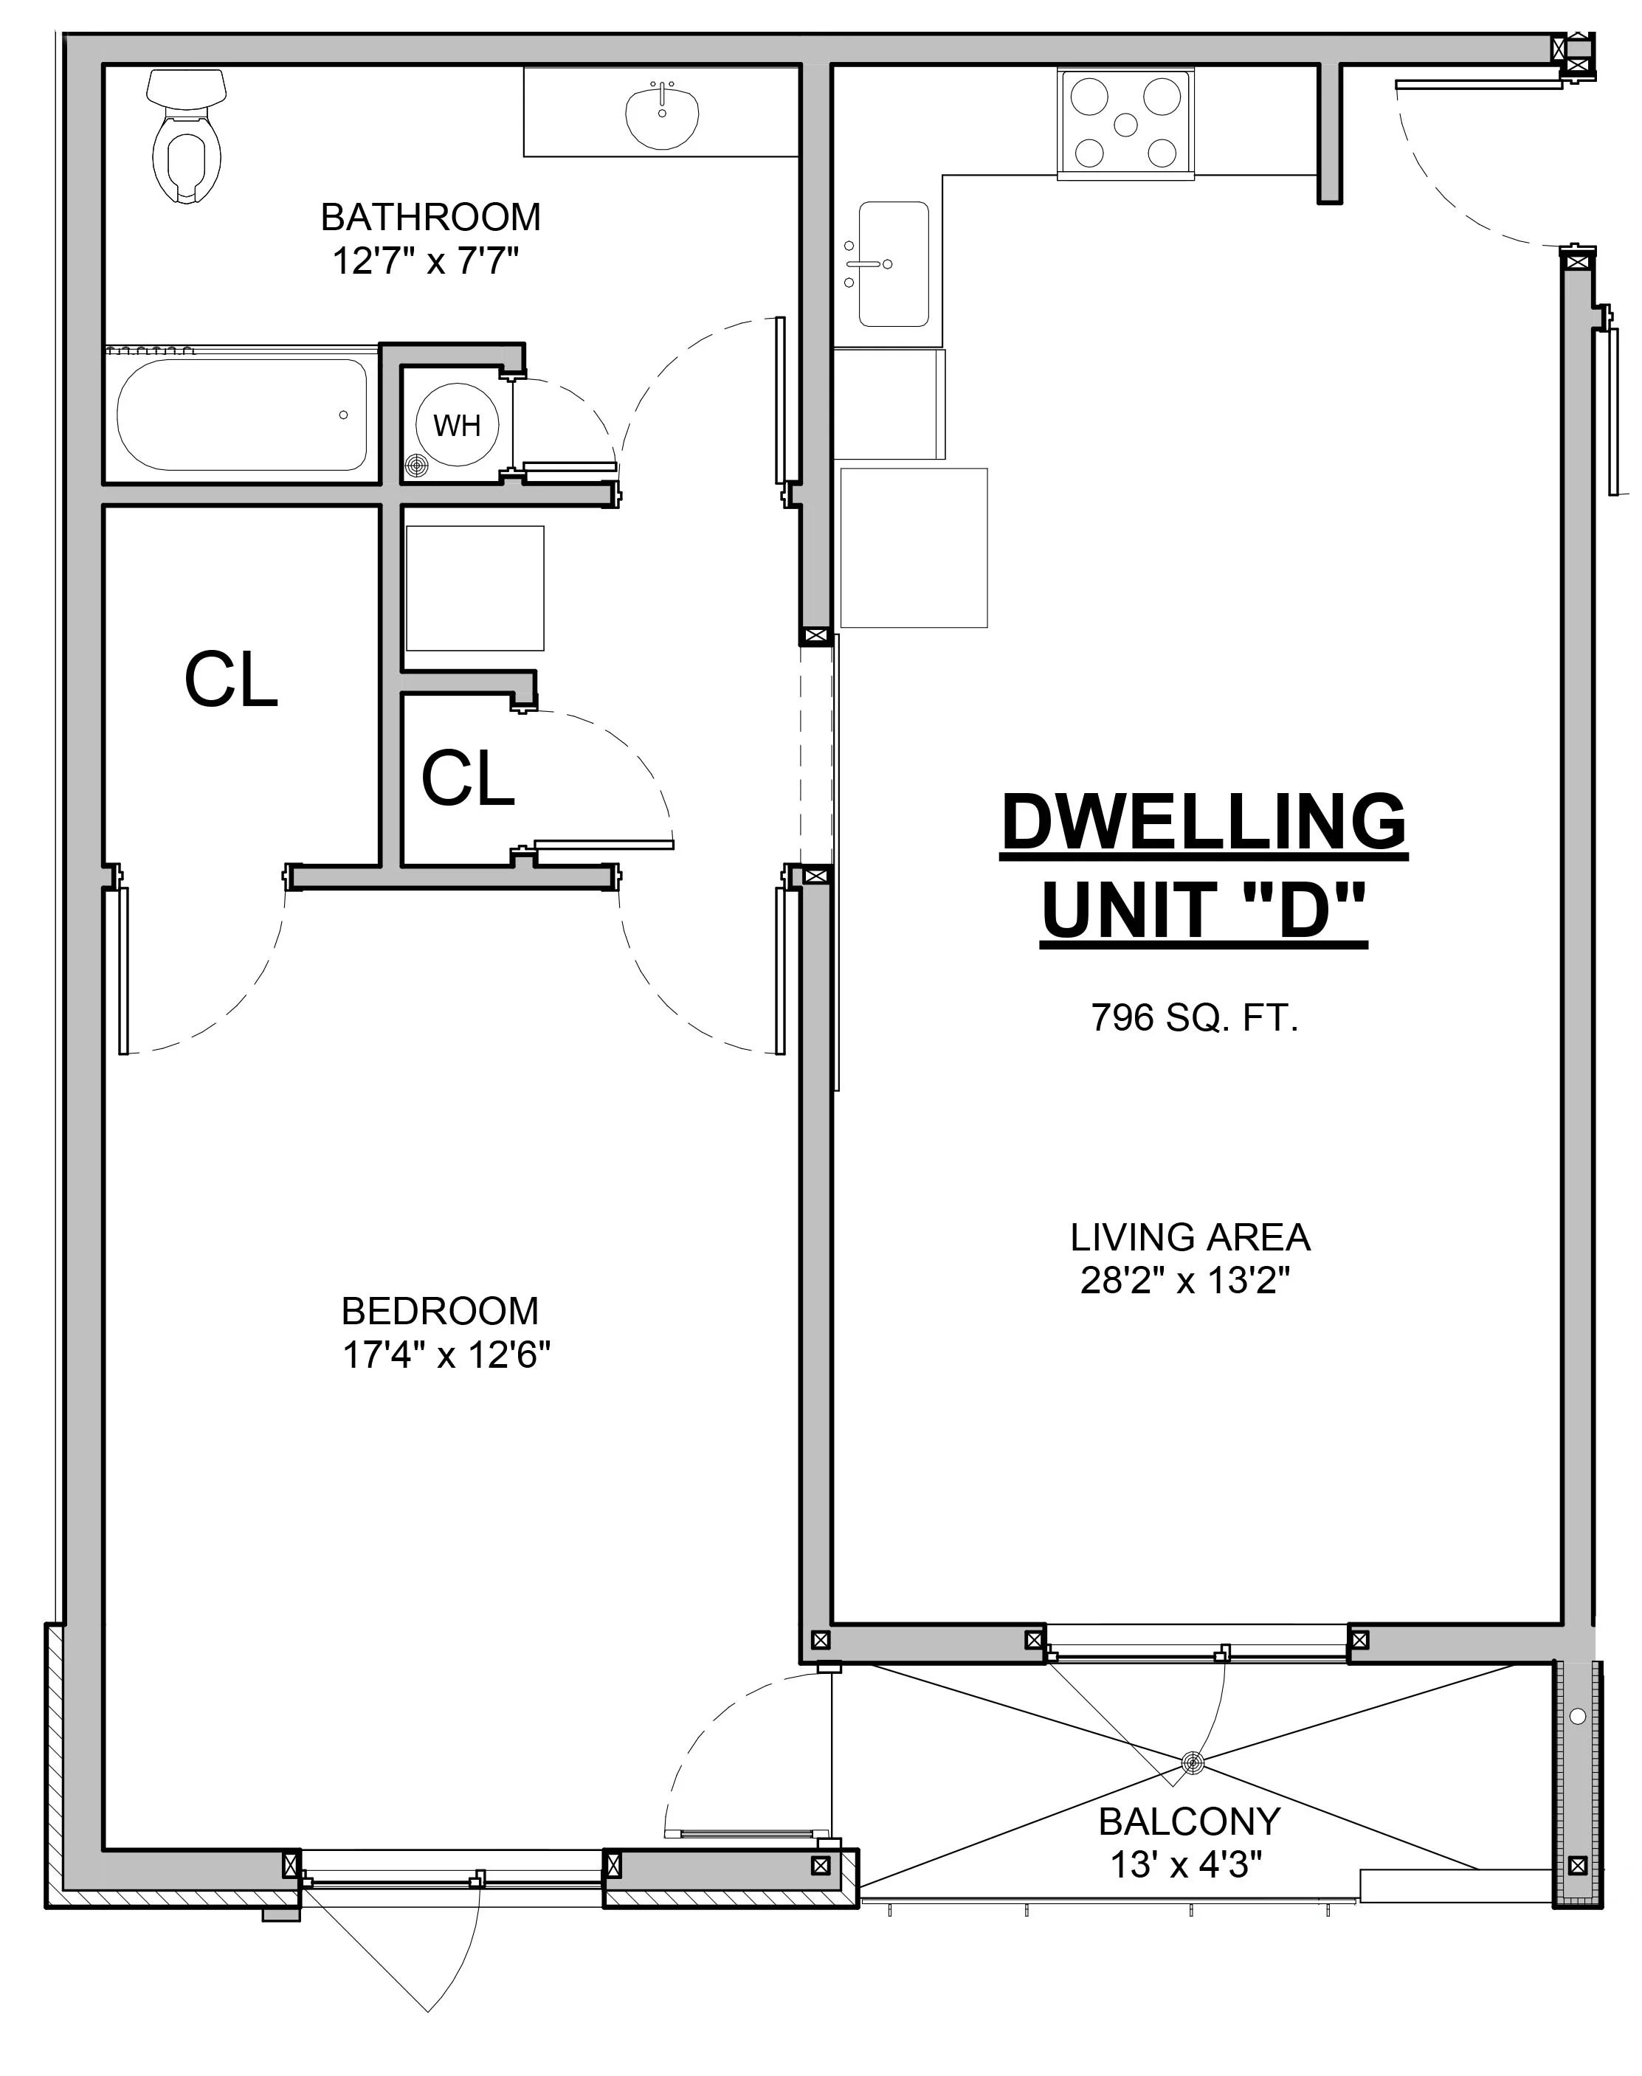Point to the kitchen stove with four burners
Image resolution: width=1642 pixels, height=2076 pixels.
tap(1127, 123)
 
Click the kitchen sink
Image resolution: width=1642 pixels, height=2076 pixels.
tap(894, 263)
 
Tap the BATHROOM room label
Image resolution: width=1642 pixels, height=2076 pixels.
tap(431, 217)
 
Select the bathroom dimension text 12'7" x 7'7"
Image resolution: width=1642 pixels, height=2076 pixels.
tap(426, 260)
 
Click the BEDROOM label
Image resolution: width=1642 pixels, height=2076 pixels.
tap(441, 1311)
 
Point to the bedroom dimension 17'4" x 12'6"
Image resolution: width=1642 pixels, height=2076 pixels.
tap(446, 1355)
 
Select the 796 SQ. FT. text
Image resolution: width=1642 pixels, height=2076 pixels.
tap(1195, 1017)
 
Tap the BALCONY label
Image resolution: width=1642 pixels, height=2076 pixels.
tap(1190, 1821)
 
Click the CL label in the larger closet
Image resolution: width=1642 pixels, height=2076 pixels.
tap(231, 679)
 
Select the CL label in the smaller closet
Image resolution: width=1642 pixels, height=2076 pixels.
tap(468, 778)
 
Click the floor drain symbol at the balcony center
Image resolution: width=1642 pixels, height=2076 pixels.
tap(1193, 1762)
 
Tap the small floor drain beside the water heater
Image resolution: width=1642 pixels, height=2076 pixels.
tap(415, 466)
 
